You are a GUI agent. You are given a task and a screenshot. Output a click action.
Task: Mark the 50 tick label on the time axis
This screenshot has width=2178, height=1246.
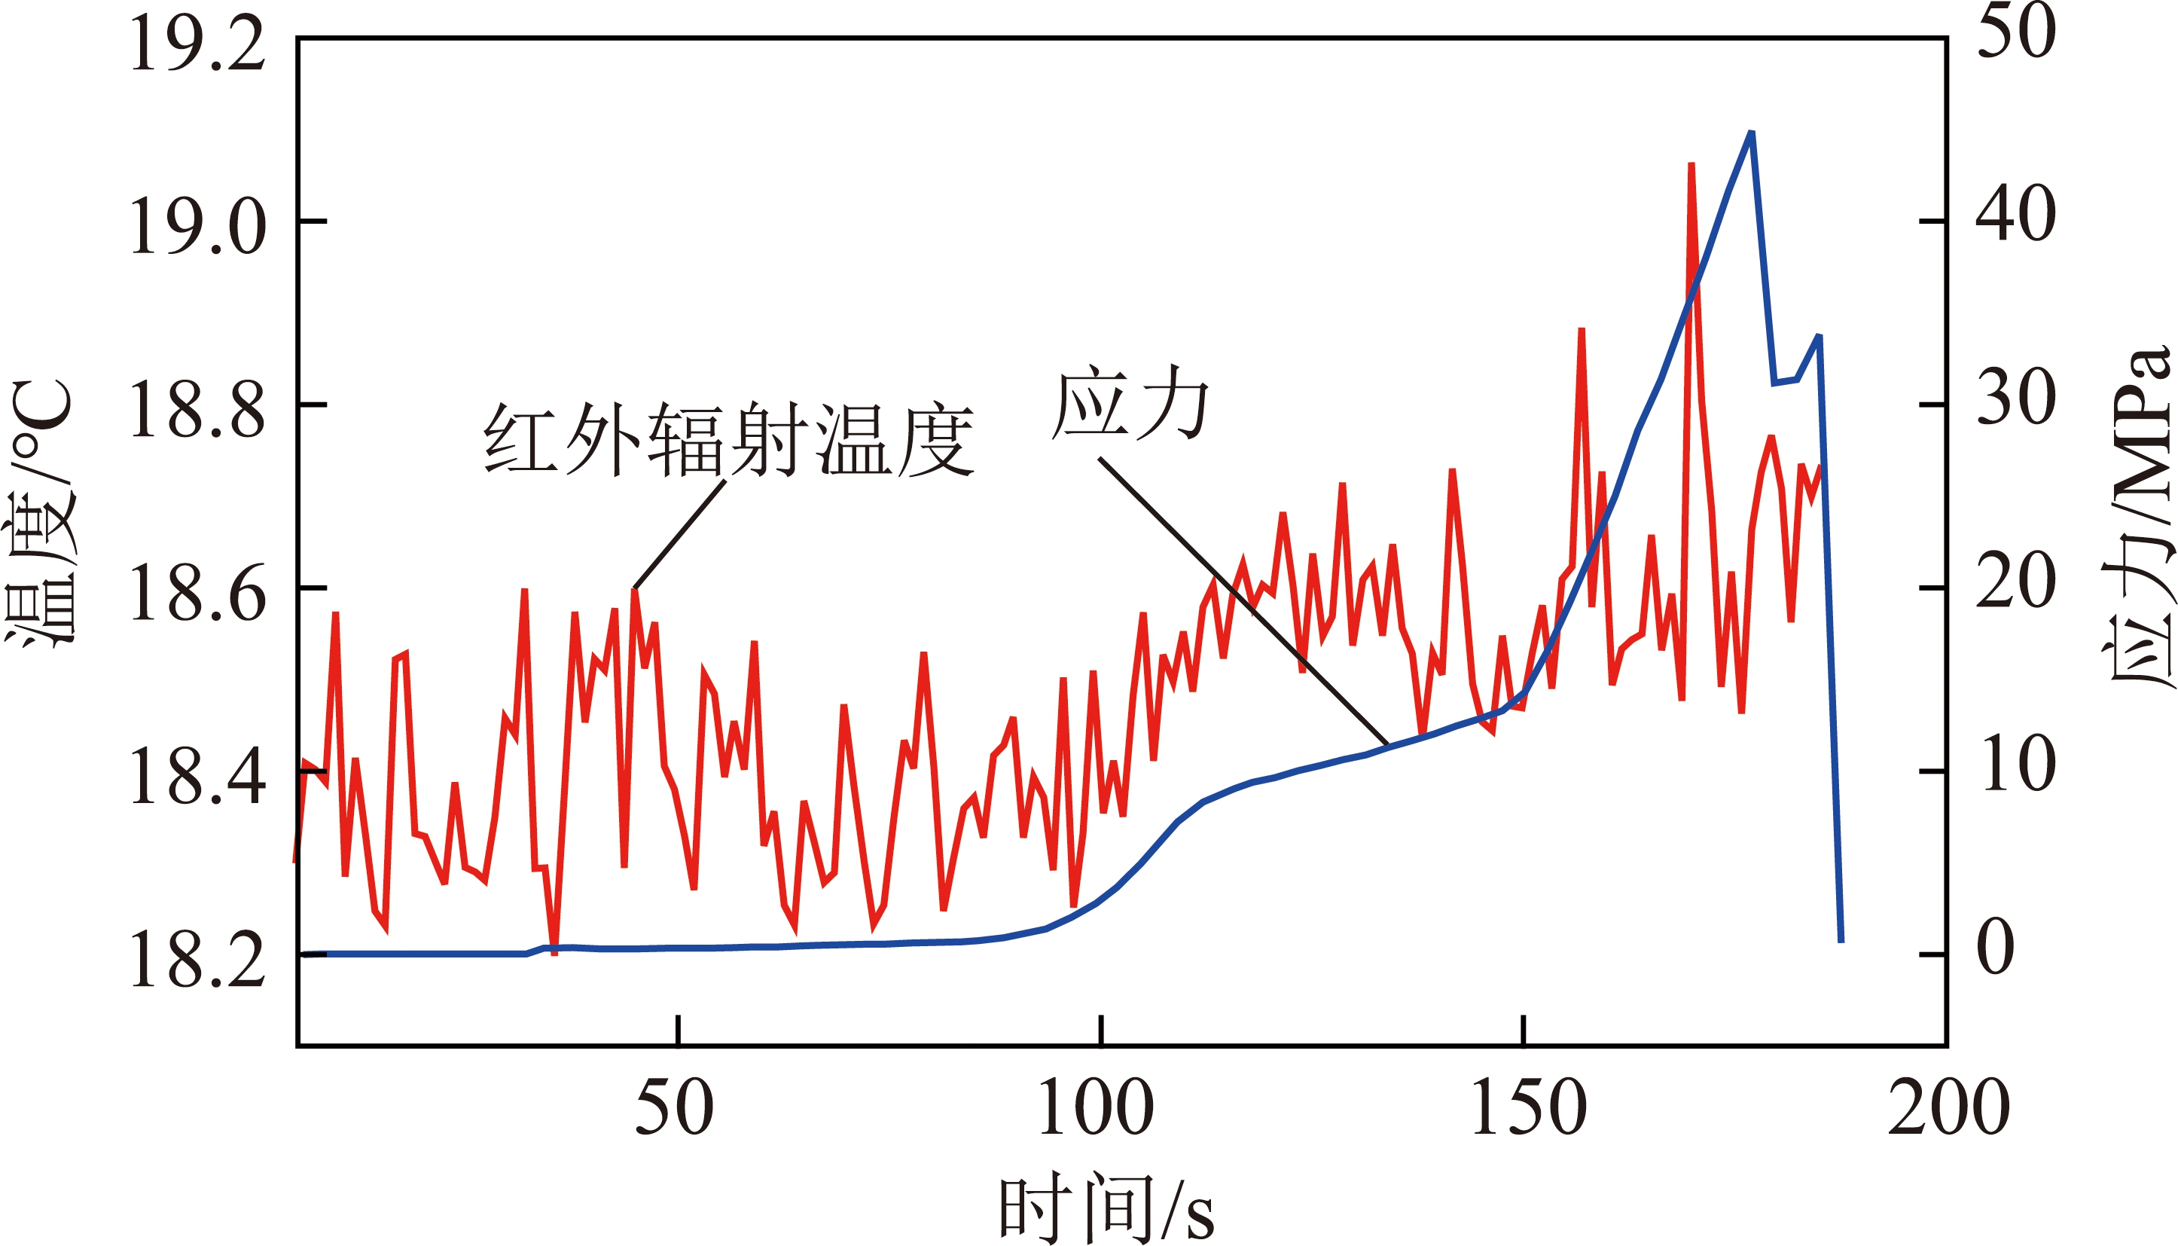pyautogui.click(x=674, y=1107)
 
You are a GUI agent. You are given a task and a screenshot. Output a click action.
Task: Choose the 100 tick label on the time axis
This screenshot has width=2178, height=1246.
pyautogui.click(x=1097, y=1107)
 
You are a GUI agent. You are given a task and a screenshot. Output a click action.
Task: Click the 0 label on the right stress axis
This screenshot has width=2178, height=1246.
pyautogui.click(x=1996, y=948)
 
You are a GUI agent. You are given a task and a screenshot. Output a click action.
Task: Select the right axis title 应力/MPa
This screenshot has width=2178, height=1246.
pyautogui.click(x=2139, y=514)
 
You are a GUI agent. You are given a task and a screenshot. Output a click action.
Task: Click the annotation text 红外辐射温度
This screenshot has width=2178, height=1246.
pyautogui.click(x=729, y=441)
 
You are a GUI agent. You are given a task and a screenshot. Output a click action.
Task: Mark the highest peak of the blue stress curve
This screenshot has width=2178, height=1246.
pyautogui.click(x=1751, y=133)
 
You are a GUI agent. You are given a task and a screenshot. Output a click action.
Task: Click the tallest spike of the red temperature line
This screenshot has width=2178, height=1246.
pyautogui.click(x=1691, y=164)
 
